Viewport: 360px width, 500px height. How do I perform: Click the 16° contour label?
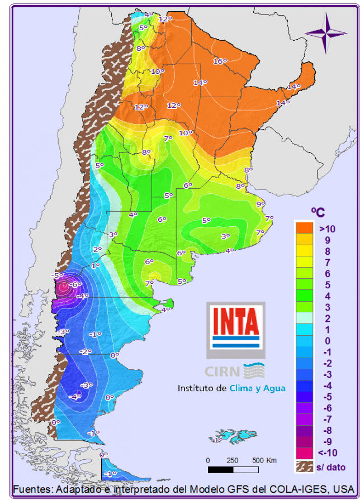[219, 61]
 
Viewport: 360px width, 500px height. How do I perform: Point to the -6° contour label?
[75, 284]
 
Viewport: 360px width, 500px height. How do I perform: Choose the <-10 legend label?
[327, 453]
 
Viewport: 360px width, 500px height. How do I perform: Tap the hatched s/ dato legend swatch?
[304, 465]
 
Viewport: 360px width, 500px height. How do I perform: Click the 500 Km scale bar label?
[264, 460]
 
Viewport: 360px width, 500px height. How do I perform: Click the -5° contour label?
[57, 275]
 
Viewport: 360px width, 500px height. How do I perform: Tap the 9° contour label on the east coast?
[260, 204]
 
